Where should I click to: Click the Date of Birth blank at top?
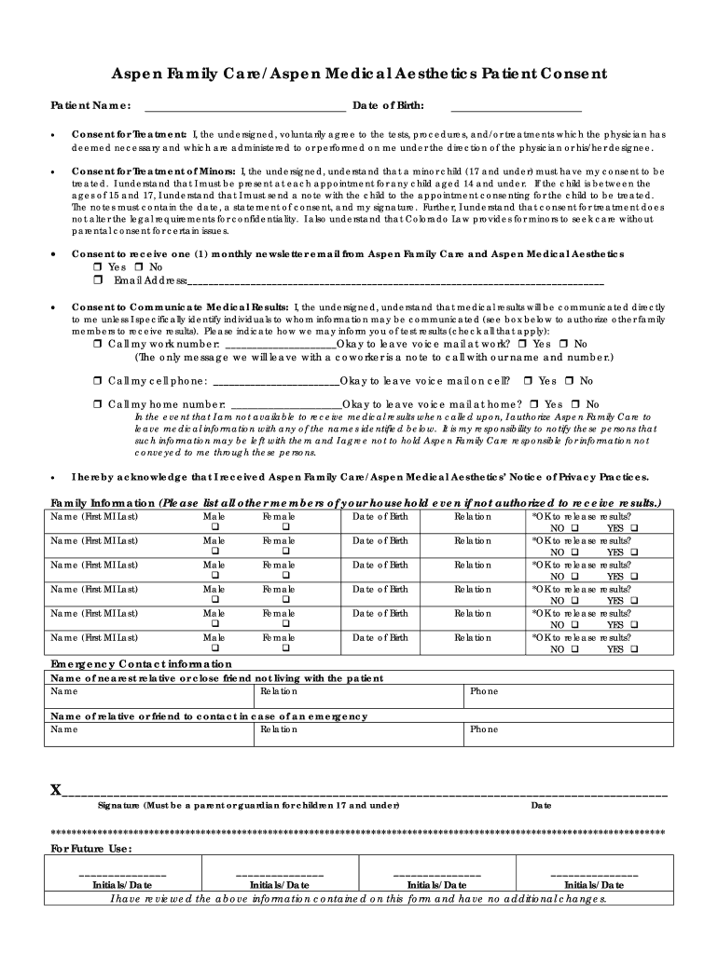516,104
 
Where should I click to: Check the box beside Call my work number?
98,344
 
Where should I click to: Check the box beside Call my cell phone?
98,381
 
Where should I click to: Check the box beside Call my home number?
98,404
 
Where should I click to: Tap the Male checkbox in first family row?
214,527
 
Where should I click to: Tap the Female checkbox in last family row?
286,647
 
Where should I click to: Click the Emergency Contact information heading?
141,663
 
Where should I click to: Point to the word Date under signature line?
540,805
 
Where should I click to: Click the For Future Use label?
90,849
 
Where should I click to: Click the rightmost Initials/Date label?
594,885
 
